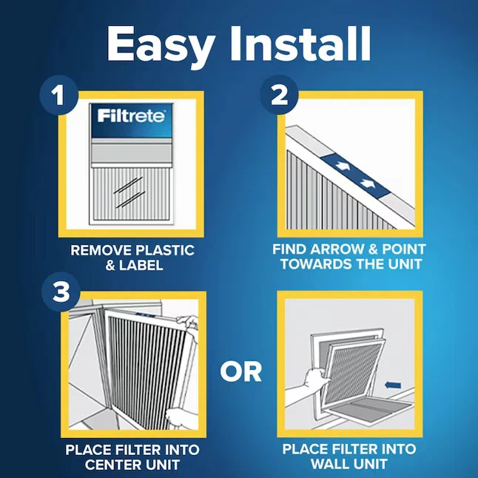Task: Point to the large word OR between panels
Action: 240,371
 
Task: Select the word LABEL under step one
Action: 144,265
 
